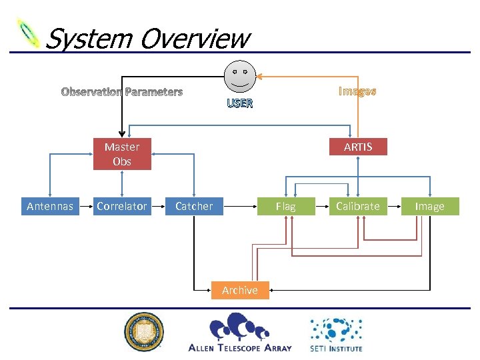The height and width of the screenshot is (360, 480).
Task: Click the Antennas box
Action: [x=50, y=207]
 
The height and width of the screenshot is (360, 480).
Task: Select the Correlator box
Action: [x=122, y=207]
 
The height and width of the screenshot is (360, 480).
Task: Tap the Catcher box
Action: [x=194, y=207]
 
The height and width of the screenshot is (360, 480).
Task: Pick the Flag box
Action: [x=285, y=207]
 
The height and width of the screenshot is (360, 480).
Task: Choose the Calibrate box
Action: [x=358, y=207]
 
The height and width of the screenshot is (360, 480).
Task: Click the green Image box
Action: [x=430, y=207]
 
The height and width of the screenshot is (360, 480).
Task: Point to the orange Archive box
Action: [x=240, y=291]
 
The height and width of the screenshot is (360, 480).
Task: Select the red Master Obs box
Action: [x=122, y=154]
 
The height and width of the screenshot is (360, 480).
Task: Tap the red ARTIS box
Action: [x=358, y=147]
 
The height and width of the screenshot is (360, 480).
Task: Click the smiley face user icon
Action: [x=240, y=76]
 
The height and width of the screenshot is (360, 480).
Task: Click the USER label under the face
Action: [x=240, y=104]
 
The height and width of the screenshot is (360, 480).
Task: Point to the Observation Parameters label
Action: [x=122, y=92]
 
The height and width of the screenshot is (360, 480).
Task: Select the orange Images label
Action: [x=357, y=91]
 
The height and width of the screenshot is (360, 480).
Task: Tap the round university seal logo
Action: [x=144, y=332]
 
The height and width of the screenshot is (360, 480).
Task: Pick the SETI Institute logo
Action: [x=336, y=334]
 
